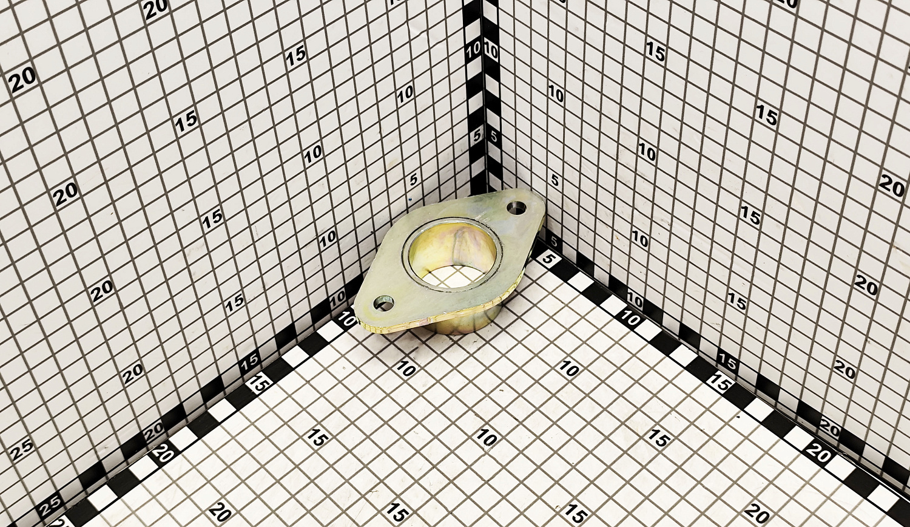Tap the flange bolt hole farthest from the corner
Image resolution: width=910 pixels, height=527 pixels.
point(384,302)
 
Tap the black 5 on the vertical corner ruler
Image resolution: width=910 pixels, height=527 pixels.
point(494,137)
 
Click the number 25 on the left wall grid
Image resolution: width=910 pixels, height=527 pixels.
point(21,452)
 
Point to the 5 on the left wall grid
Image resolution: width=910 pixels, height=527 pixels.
point(414,179)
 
